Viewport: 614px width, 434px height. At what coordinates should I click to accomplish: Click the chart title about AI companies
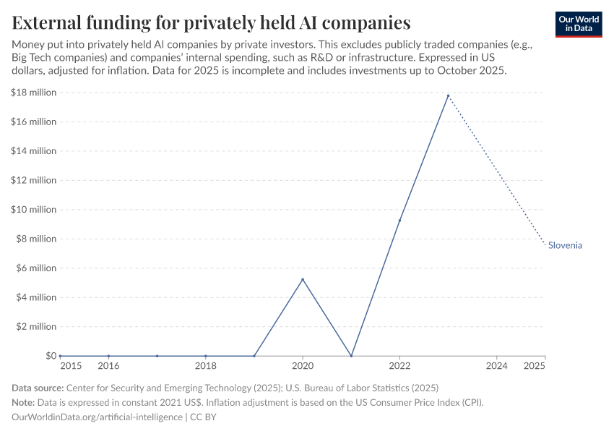pyautogui.click(x=211, y=22)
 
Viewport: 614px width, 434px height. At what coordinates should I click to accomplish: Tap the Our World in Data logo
pyautogui.click(x=579, y=24)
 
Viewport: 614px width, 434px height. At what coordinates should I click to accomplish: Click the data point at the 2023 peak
pyautogui.click(x=448, y=95)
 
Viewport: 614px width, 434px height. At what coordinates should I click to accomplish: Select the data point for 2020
pyautogui.click(x=303, y=279)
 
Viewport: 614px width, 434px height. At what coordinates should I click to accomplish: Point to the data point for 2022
pyautogui.click(x=399, y=221)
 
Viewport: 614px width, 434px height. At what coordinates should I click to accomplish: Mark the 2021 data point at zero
pyautogui.click(x=351, y=356)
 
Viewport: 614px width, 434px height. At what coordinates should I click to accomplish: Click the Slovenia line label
pyautogui.click(x=565, y=245)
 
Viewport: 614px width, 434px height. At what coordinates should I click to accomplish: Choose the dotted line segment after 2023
pyautogui.click(x=497, y=171)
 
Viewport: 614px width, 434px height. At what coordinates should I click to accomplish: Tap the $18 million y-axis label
pyautogui.click(x=34, y=93)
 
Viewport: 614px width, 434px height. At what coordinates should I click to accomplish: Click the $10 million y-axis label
pyautogui.click(x=34, y=210)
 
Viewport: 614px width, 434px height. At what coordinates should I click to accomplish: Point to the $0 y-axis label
pyautogui.click(x=51, y=356)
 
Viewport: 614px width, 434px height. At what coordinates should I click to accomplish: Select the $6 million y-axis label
pyautogui.click(x=36, y=268)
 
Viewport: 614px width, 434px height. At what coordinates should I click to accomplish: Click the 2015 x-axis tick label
pyautogui.click(x=71, y=366)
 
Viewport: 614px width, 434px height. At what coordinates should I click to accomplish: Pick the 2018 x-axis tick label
pyautogui.click(x=206, y=366)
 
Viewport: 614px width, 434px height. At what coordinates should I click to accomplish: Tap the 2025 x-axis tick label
pyautogui.click(x=535, y=366)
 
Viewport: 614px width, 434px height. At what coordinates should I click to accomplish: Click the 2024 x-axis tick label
pyautogui.click(x=496, y=366)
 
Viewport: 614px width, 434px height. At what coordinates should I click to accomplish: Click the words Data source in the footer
pyautogui.click(x=37, y=388)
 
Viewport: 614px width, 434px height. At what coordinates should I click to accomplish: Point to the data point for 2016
pyautogui.click(x=108, y=356)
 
